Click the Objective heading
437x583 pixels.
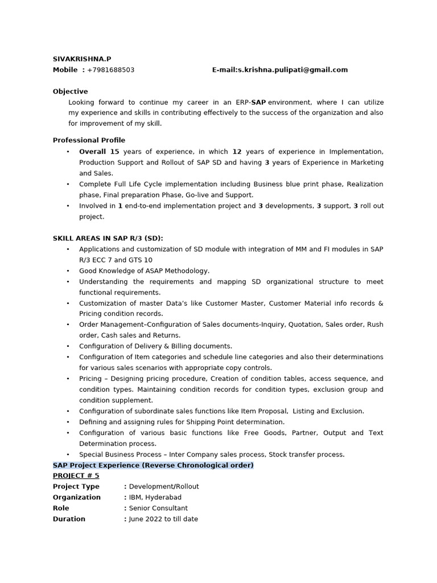[x=71, y=91]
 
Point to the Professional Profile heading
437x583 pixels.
[x=89, y=140]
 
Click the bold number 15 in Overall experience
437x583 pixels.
[x=114, y=151]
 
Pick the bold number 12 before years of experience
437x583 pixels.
[x=237, y=151]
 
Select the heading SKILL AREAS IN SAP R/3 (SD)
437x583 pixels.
[x=112, y=238]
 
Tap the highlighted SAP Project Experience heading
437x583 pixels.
[x=153, y=465]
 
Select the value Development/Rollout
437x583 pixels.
[x=164, y=487]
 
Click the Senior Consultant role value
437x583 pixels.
[x=158, y=508]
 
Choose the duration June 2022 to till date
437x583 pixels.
[x=163, y=519]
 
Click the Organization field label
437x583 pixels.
[x=77, y=498]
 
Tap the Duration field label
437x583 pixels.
[x=69, y=519]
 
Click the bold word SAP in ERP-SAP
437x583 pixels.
[x=259, y=102]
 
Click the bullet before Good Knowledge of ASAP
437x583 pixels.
[x=68, y=271]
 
